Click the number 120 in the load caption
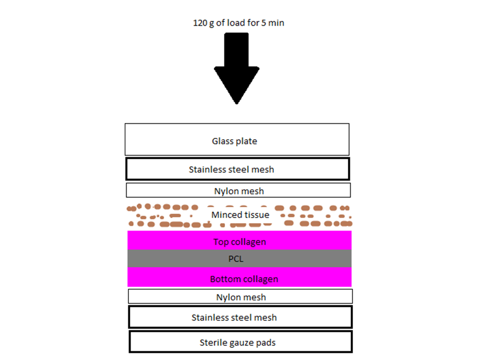[x=200, y=22]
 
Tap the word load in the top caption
[x=231, y=22]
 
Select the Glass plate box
[x=237, y=139]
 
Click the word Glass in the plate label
[x=222, y=141]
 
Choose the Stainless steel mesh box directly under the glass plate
[x=238, y=169]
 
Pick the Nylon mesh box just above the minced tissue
[x=238, y=190]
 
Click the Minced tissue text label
[x=240, y=215]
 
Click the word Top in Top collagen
[x=221, y=242]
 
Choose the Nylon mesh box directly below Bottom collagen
[x=240, y=296]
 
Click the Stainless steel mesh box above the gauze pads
[x=240, y=317]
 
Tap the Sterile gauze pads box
[x=240, y=342]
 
